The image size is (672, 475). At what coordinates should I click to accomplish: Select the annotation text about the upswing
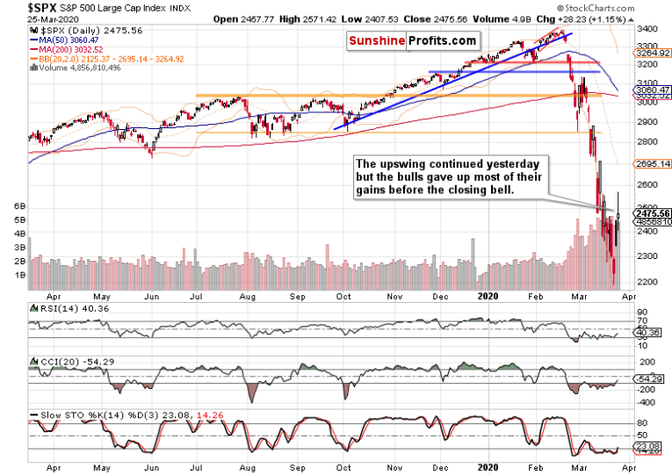coord(452,177)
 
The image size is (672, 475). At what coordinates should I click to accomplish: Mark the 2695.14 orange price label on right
coord(654,163)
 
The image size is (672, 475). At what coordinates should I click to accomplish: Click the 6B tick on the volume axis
coord(15,205)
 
